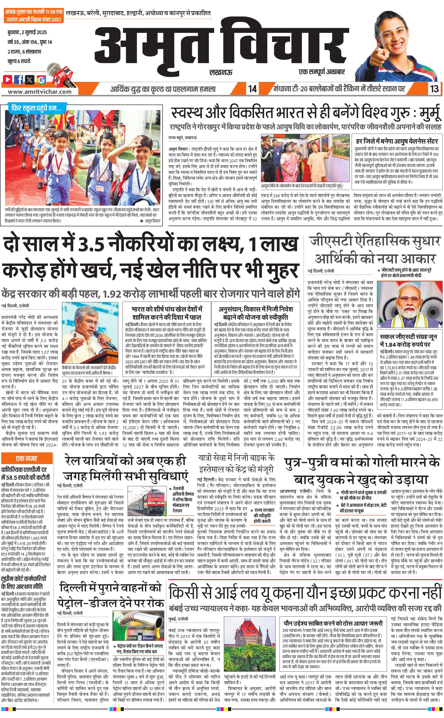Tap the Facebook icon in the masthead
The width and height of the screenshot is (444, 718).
point(19,79)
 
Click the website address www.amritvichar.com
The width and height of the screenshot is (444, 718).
point(40,91)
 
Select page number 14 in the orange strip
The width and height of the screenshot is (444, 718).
point(252,89)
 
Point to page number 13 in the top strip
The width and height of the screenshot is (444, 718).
point(434,89)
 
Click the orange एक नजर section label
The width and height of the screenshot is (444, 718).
point(27,458)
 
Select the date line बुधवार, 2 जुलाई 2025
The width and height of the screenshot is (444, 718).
point(27,32)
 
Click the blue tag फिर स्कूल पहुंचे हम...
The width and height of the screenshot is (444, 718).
point(37,108)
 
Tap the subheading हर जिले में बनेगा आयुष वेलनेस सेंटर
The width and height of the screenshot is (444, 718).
point(397,141)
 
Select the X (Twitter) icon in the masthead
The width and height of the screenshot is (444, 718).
point(30,79)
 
